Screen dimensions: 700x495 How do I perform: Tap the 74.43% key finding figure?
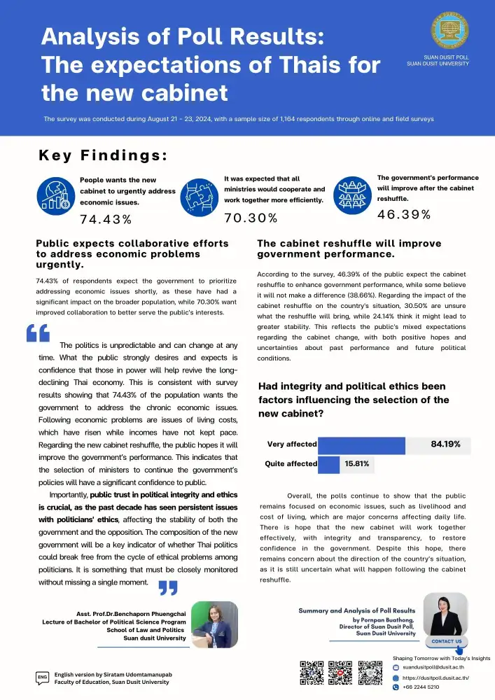[106, 220]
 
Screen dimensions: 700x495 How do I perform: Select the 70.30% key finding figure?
[251, 218]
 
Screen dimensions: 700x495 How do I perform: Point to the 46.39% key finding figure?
[404, 214]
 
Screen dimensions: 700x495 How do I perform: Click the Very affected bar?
[361, 444]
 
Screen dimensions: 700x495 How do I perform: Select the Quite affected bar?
[328, 463]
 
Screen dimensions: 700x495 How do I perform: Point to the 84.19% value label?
[445, 444]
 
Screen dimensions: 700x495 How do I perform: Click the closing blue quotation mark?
[168, 587]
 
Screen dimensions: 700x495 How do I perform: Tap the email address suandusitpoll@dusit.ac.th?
[436, 668]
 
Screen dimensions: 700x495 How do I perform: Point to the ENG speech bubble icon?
[41, 678]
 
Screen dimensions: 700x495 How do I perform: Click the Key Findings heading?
[103, 155]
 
